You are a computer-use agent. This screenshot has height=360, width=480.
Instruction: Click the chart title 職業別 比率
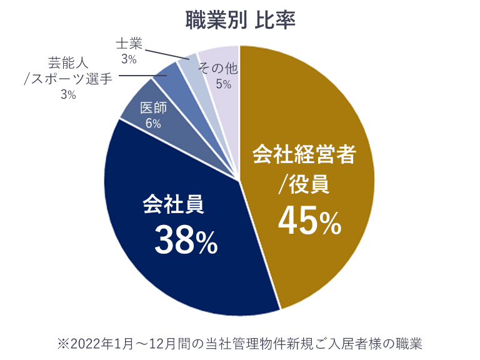coord(240,20)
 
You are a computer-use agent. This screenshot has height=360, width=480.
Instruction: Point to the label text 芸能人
coord(67,63)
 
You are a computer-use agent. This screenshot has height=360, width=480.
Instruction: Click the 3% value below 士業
coord(129,59)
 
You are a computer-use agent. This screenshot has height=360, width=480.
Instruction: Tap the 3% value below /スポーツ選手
coord(67,95)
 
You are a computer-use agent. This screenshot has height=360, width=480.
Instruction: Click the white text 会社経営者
coord(304,154)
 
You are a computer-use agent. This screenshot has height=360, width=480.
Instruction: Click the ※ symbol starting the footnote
coord(62,344)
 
